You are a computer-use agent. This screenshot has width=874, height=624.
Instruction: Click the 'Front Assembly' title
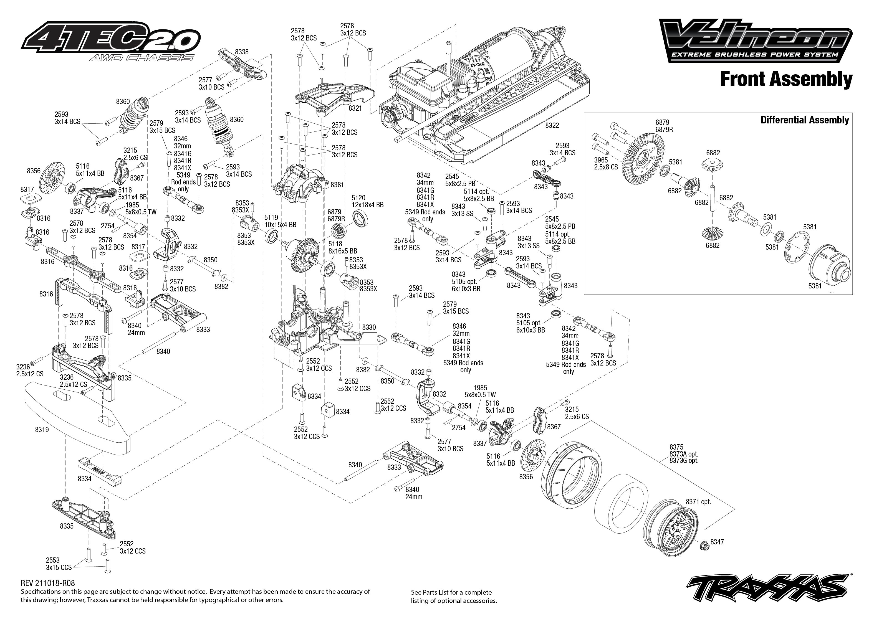[x=785, y=80]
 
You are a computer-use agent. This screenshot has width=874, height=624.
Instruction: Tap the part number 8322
[x=552, y=126]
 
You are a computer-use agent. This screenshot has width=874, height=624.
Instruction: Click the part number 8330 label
[x=369, y=327]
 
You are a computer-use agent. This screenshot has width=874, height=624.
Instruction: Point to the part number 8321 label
[x=355, y=108]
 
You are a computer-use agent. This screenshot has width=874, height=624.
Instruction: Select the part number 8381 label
[x=337, y=185]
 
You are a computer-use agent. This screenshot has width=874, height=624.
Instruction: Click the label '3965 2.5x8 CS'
[x=606, y=163]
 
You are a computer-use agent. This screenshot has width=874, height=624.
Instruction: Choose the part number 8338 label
[x=242, y=52]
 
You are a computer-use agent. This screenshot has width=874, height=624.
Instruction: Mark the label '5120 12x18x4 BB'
[x=367, y=201]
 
